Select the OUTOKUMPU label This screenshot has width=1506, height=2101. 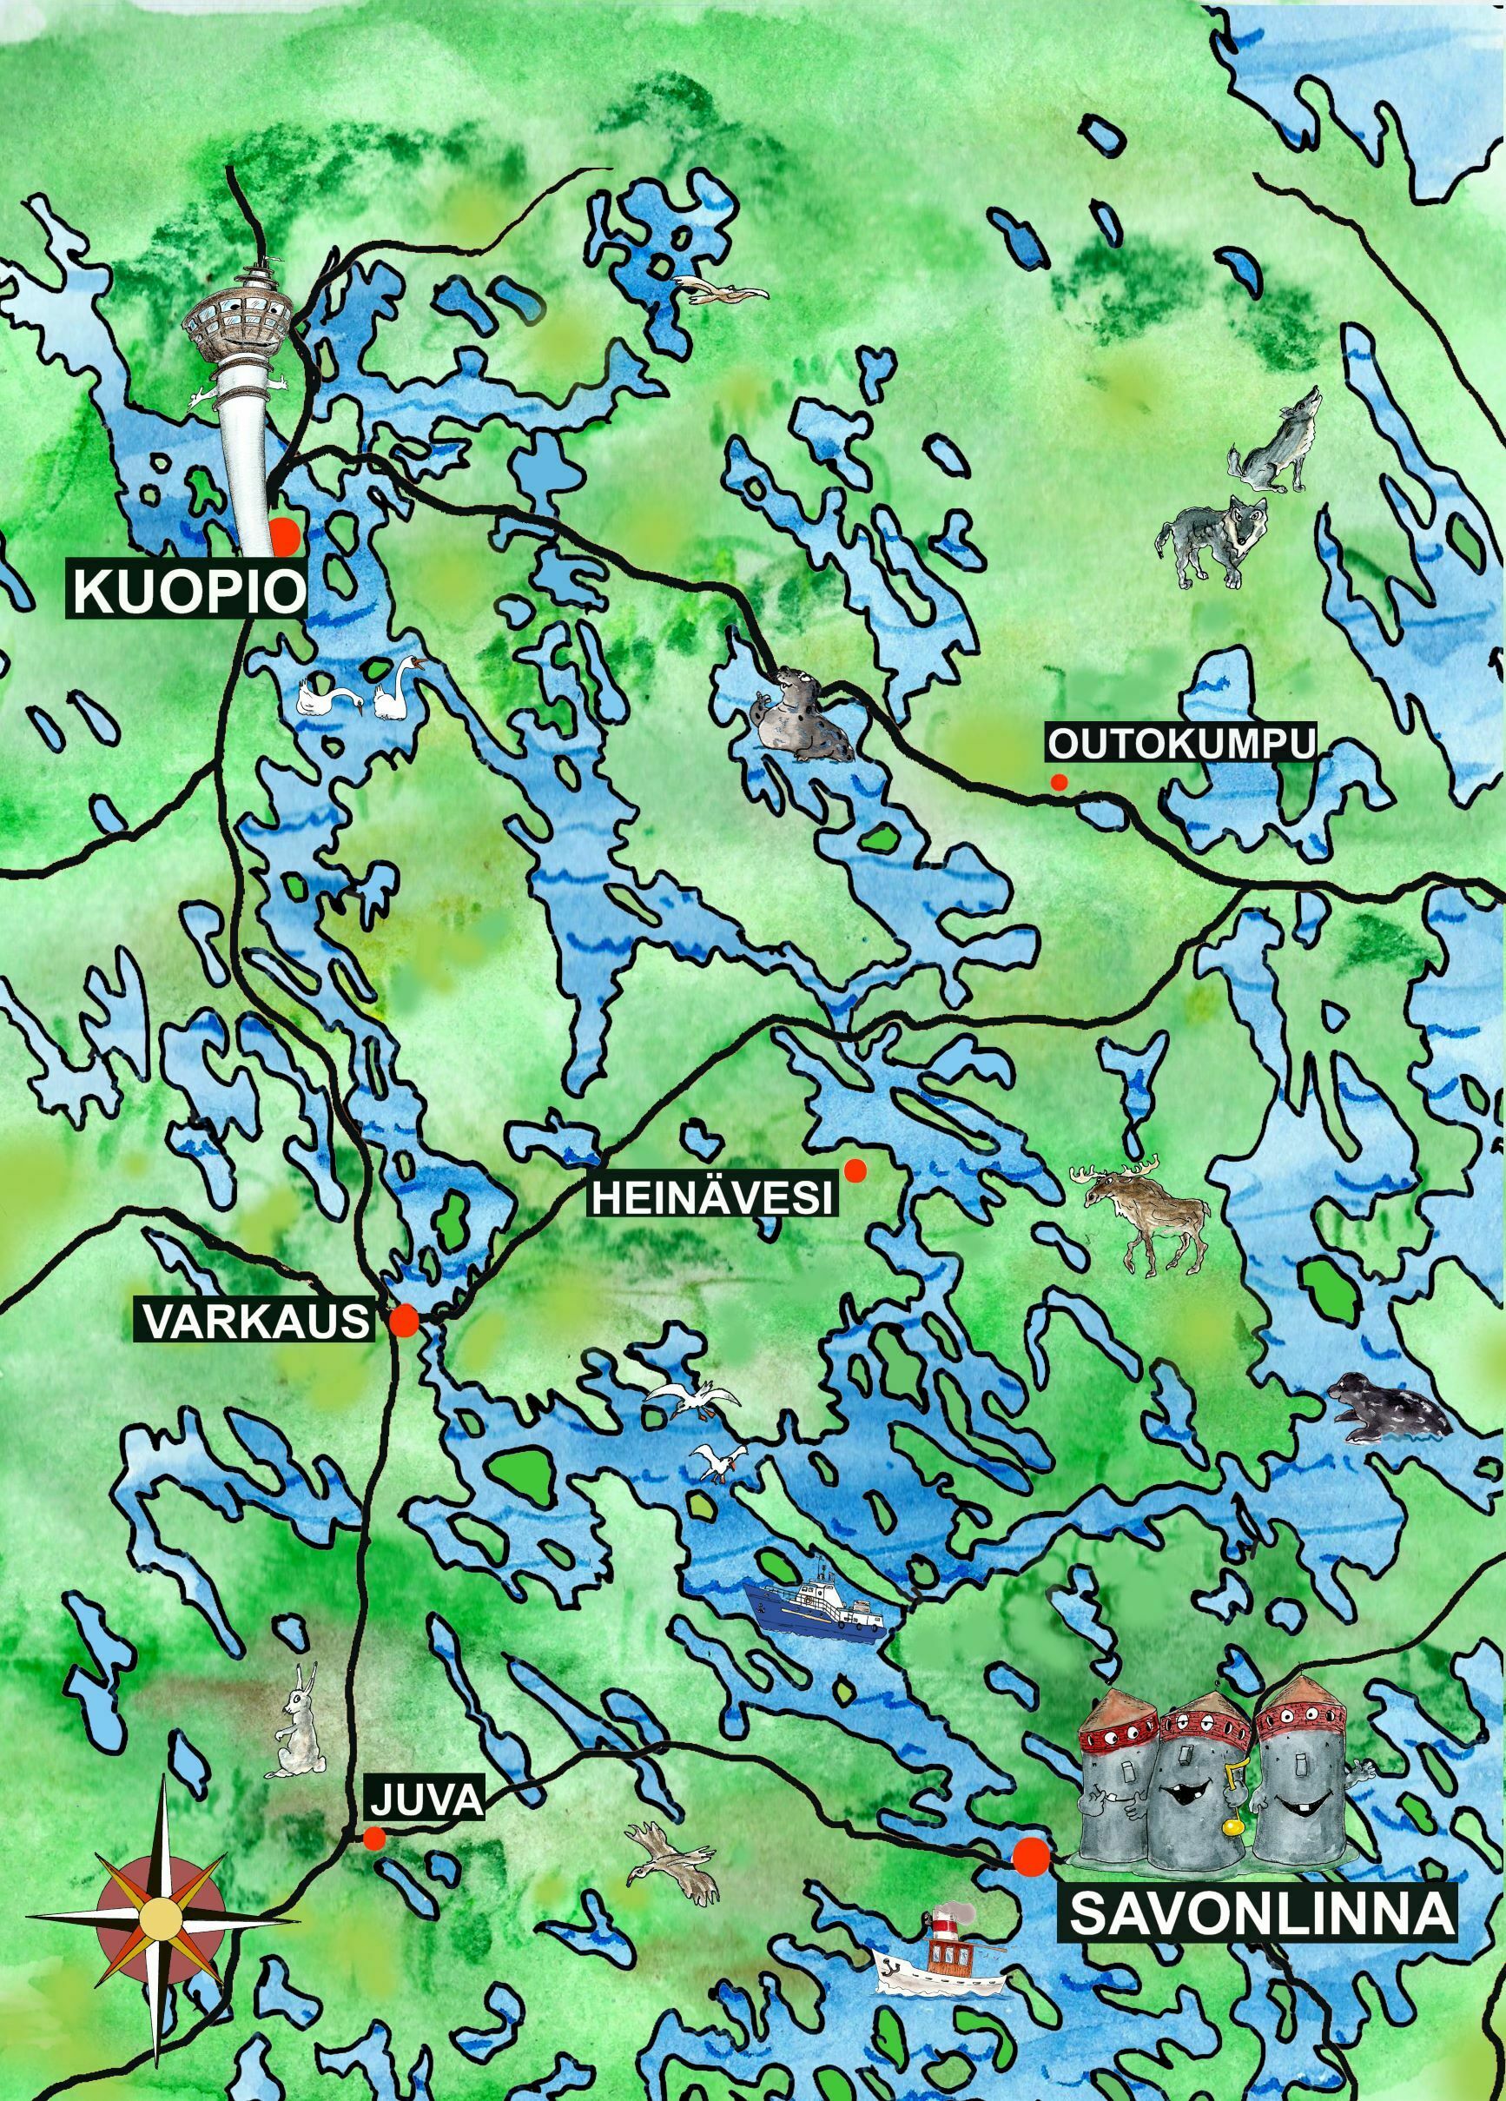pyautogui.click(x=1181, y=744)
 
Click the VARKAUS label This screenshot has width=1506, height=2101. pyautogui.click(x=255, y=1321)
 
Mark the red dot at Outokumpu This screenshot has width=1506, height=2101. pyautogui.click(x=1059, y=782)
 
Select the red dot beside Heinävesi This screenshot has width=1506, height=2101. pyautogui.click(x=855, y=1171)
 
